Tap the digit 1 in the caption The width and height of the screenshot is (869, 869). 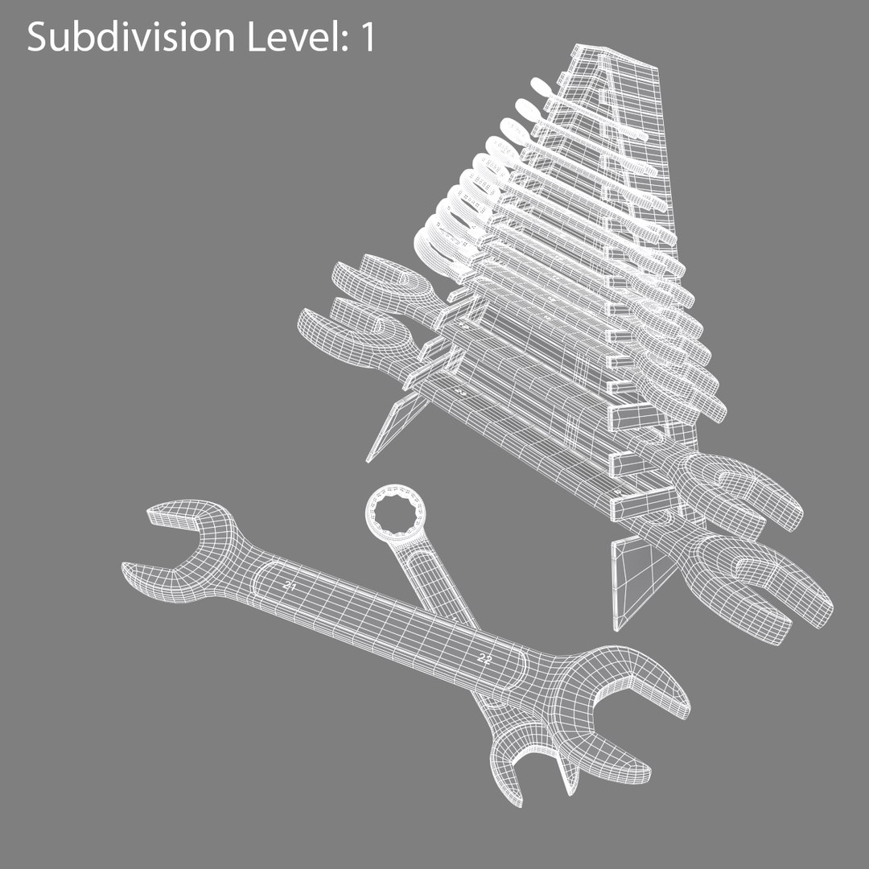pos(367,37)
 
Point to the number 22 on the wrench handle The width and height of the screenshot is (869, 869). pos(485,658)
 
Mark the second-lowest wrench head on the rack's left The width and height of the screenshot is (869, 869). pos(378,282)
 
